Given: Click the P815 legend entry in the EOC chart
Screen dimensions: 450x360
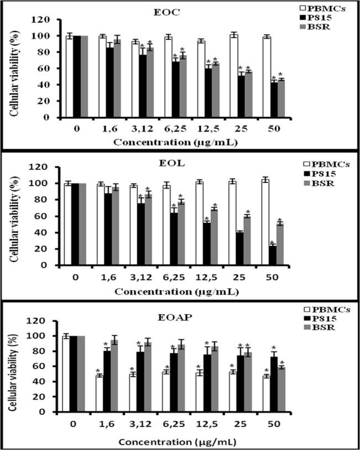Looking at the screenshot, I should click(x=319, y=16).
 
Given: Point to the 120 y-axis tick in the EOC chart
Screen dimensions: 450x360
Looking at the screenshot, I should click(x=44, y=19).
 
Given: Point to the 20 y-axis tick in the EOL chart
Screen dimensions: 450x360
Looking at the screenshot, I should click(x=46, y=249).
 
